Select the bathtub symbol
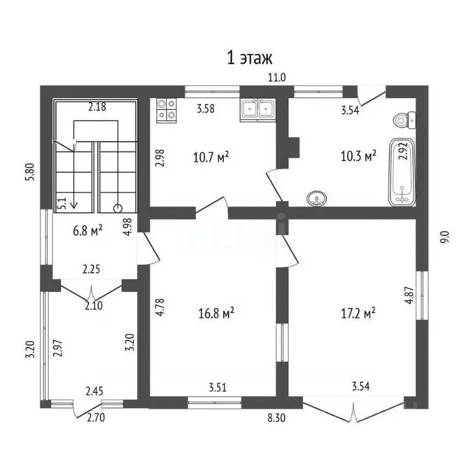tap(402, 173)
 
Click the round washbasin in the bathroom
tap(316, 198)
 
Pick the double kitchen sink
tap(257, 109)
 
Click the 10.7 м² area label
tap(211, 157)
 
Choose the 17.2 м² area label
tap(357, 313)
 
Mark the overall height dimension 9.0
tap(445, 237)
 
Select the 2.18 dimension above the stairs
tap(97, 107)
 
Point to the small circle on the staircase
tap(117, 207)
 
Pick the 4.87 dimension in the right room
tap(408, 302)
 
